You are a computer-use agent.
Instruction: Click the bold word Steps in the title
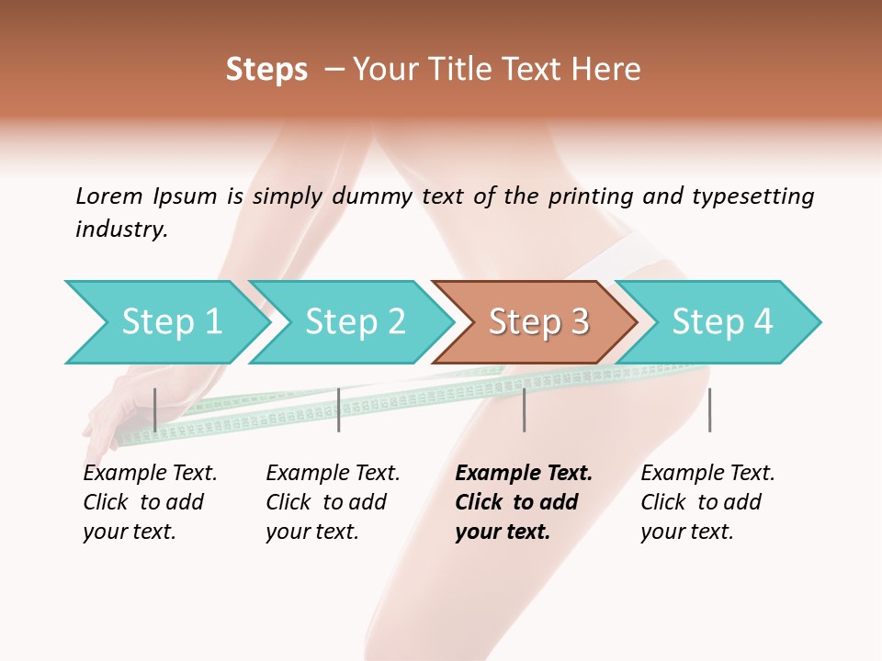tap(266, 70)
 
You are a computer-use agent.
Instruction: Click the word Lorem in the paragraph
tap(109, 196)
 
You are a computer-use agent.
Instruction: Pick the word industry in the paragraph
tap(121, 229)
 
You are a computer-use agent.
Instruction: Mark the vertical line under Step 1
tap(155, 409)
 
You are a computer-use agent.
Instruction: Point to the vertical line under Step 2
tap(339, 409)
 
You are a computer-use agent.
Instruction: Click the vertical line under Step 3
tap(524, 409)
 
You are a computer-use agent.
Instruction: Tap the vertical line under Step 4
tap(709, 409)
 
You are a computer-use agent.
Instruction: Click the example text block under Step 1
tap(150, 502)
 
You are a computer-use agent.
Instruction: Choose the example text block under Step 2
tap(333, 502)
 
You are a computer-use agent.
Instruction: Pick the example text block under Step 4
tap(707, 502)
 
